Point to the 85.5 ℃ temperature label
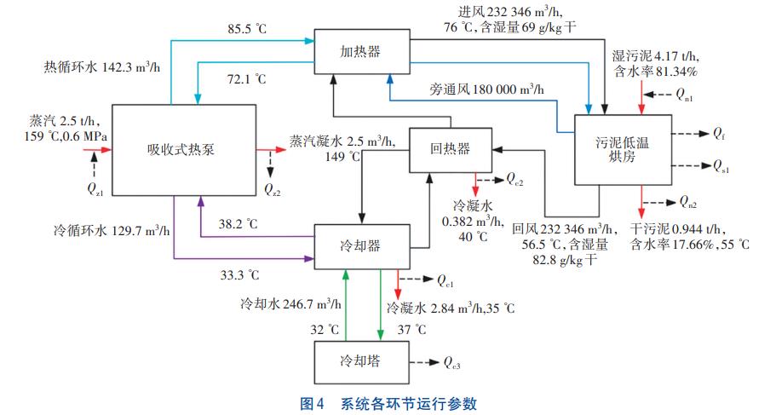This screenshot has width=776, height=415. pyautogui.click(x=248, y=29)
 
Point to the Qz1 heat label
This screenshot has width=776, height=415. pyautogui.click(x=95, y=190)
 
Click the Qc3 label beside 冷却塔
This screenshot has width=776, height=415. pyautogui.click(x=453, y=363)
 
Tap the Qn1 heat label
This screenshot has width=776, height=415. pyautogui.click(x=684, y=96)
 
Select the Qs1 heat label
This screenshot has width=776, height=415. pyautogui.click(x=720, y=168)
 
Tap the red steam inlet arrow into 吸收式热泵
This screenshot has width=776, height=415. pyautogui.click(x=95, y=150)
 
